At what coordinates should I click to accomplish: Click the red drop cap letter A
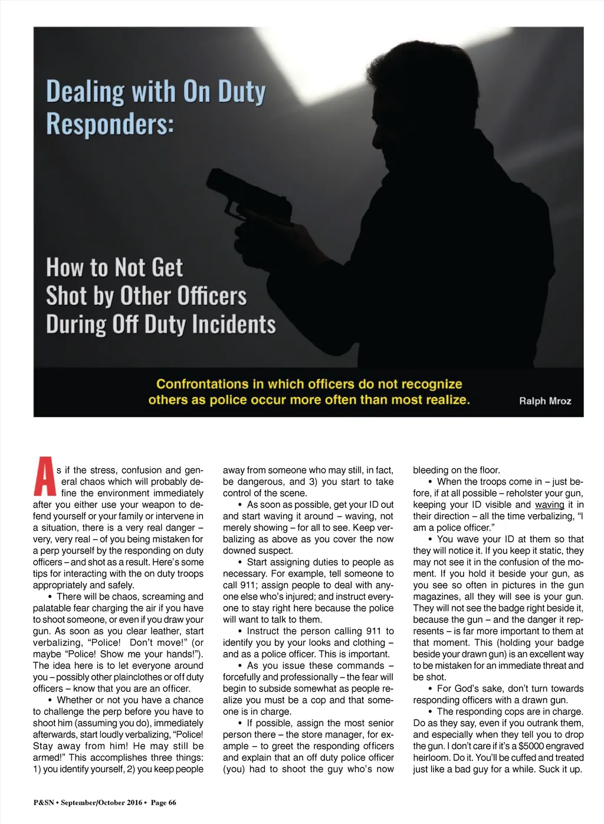pos(44,476)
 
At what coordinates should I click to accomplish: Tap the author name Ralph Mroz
pos(545,401)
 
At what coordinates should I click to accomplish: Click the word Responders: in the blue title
pos(110,124)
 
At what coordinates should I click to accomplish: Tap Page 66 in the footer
pos(163,802)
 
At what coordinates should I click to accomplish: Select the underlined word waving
pos(549,505)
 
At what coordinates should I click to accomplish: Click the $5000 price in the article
pos(531,746)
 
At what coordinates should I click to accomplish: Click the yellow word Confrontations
pos(202,384)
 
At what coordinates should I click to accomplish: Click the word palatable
pos(52,608)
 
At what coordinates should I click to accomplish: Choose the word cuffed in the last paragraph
pos(522,757)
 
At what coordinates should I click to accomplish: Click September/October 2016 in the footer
pos(101,802)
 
